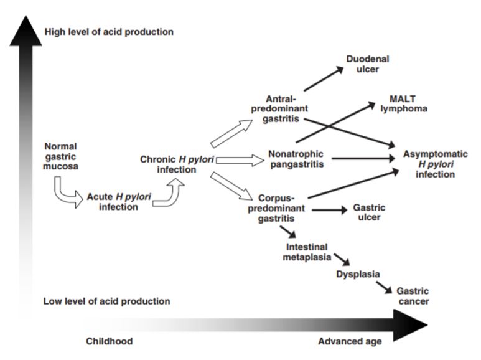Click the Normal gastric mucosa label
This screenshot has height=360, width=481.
(x=61, y=156)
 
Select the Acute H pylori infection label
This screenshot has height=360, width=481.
(x=118, y=202)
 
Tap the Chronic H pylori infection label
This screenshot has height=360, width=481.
(x=177, y=164)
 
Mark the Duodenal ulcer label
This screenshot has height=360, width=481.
(x=368, y=64)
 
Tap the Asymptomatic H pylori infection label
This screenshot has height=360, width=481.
(x=436, y=164)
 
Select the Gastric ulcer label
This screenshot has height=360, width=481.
(x=369, y=212)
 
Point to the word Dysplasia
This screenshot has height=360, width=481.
(x=358, y=274)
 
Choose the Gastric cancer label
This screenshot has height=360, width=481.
(x=413, y=296)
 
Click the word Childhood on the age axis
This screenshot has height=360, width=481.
(x=109, y=341)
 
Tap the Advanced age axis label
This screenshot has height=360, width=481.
(x=350, y=341)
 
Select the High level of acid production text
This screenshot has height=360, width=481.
(x=109, y=31)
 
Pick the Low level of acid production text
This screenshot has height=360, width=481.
(x=106, y=301)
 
